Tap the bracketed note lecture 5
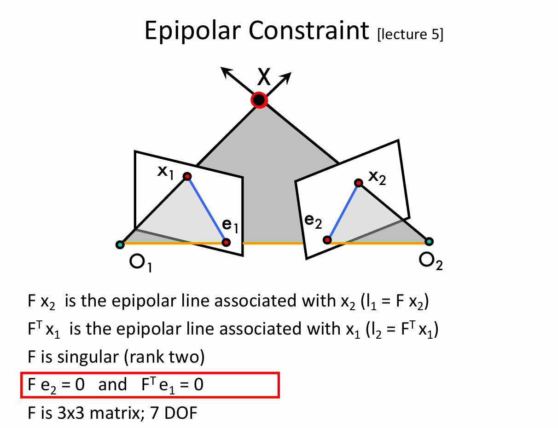[x=410, y=35]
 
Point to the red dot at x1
[x=187, y=176]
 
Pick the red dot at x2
[x=358, y=183]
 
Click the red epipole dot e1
[x=226, y=242]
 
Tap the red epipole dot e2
[x=327, y=240]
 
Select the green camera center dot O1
[x=120, y=245]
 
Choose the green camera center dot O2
[x=429, y=241]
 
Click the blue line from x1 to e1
[x=206, y=209]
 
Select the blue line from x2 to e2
[x=343, y=211]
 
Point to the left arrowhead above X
[x=225, y=71]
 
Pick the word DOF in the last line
[x=180, y=413]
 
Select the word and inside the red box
[x=112, y=384]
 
